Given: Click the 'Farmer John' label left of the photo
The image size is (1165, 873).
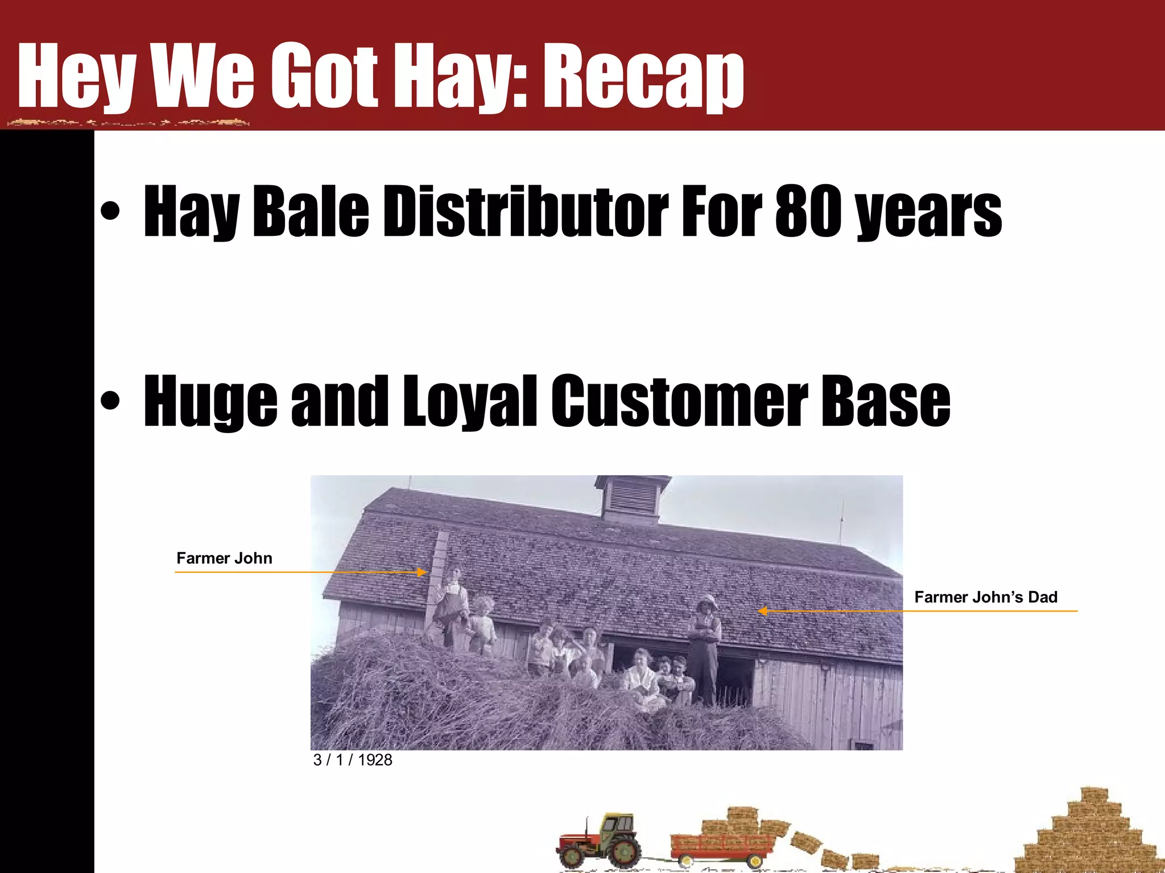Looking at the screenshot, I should point(224,558).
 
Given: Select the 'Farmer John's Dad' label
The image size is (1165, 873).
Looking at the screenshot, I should point(986,597).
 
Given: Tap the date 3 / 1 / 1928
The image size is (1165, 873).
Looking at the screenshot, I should point(353,760).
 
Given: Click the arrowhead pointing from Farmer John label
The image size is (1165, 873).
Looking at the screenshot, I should point(422,572).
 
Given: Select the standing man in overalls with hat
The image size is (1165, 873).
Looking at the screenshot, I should point(705,648).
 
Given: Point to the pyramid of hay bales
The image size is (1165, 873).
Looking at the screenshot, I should point(1086,835).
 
